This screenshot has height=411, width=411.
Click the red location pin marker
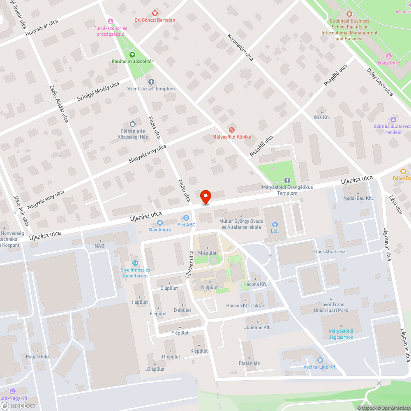point(205,197)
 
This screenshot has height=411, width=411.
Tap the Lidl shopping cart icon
point(275,224)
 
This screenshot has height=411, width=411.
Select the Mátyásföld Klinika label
point(231,137)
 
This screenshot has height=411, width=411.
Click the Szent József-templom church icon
point(151,82)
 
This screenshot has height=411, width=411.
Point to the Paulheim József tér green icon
point(132,54)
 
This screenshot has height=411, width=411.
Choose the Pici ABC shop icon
point(186,218)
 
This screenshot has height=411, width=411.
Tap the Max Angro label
point(160,230)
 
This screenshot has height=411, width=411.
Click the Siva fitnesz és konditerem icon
point(135,263)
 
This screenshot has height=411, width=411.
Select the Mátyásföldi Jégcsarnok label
point(341,334)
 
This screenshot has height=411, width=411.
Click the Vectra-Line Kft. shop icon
point(321,360)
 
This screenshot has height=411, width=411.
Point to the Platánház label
point(249,363)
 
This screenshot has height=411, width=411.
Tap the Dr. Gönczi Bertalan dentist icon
point(155,13)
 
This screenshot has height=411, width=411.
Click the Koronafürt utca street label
point(240,47)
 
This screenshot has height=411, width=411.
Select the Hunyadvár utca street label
point(42,28)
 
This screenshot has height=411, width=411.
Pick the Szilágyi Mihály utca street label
point(98,92)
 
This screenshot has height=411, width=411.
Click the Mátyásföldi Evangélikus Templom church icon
point(287,180)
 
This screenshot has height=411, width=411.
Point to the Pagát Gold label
point(37,356)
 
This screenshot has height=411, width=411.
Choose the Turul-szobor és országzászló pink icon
point(110,21)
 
